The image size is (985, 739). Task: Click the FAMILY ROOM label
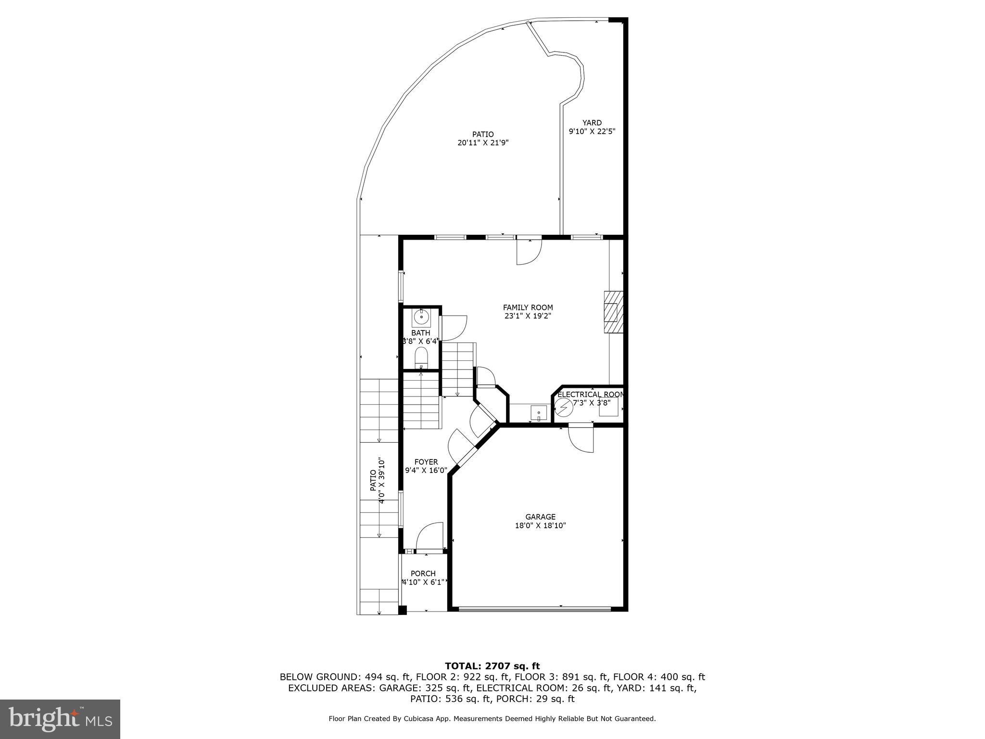tap(528, 307)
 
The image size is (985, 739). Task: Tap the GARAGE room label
tap(540, 517)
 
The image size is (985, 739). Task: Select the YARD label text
tap(592, 123)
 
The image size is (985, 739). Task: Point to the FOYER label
tap(426, 462)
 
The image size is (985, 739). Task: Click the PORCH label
tap(423, 573)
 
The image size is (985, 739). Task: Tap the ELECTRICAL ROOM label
tap(591, 395)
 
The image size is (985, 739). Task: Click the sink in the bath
tap(421, 318)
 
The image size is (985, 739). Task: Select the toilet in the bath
tap(421, 357)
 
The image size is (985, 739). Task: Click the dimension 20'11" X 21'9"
tap(483, 143)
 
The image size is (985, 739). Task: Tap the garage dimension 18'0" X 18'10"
tap(540, 526)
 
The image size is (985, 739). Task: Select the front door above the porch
tap(429, 536)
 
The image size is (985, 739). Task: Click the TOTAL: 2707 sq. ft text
tap(492, 666)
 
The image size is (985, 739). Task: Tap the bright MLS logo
tap(60, 719)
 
